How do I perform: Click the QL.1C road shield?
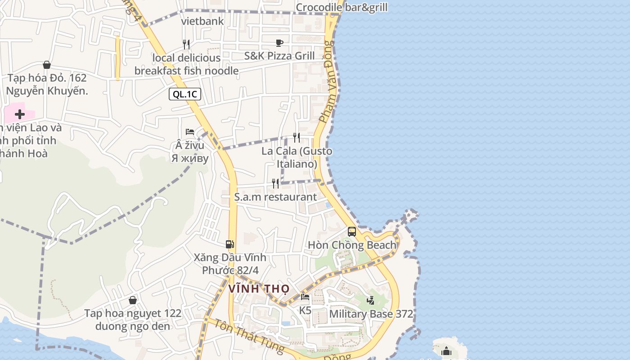(x=185, y=94)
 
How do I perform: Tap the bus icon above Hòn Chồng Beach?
(x=352, y=232)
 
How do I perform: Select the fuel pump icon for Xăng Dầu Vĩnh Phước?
(x=229, y=244)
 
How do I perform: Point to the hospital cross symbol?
(x=20, y=114)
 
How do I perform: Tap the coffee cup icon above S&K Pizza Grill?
(x=279, y=43)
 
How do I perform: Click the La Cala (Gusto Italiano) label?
(x=297, y=157)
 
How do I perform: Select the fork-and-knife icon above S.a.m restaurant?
(x=275, y=183)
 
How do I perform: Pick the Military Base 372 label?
(x=371, y=314)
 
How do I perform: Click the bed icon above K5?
(x=305, y=297)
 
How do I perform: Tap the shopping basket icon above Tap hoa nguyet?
(x=133, y=300)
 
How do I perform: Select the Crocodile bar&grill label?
(x=342, y=7)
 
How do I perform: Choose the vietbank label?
(x=202, y=21)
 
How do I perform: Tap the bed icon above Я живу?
(x=190, y=132)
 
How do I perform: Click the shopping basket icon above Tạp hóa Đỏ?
(x=47, y=65)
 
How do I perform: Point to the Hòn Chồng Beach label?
(x=352, y=245)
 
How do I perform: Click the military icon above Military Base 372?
(x=370, y=300)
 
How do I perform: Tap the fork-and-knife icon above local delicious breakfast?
(x=186, y=44)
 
